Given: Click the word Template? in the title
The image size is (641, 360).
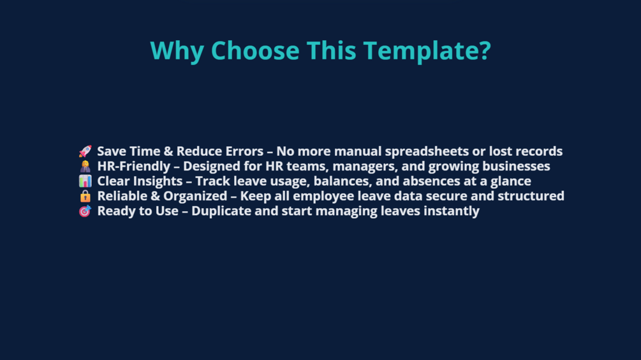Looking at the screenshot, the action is (x=427, y=50).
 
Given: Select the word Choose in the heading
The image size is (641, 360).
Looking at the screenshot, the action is (x=255, y=50).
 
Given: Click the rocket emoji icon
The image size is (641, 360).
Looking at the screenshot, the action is (x=85, y=151).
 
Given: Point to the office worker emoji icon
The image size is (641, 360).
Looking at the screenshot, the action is (x=85, y=166).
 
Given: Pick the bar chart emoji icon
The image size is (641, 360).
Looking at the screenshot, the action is (x=85, y=181).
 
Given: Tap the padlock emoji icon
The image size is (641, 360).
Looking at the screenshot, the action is (x=85, y=196).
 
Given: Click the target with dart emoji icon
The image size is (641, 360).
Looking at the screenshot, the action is (x=85, y=211).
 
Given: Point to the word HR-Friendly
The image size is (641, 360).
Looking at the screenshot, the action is (x=134, y=167).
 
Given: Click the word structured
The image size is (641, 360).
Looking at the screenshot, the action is (x=531, y=196).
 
